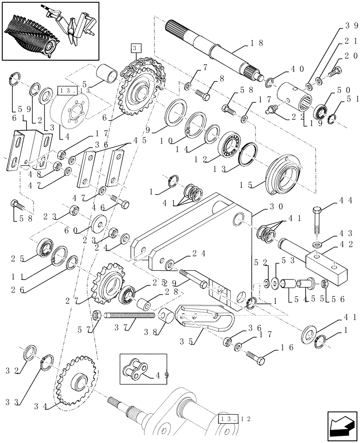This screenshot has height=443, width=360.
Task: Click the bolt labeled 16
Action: pos(257,353)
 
